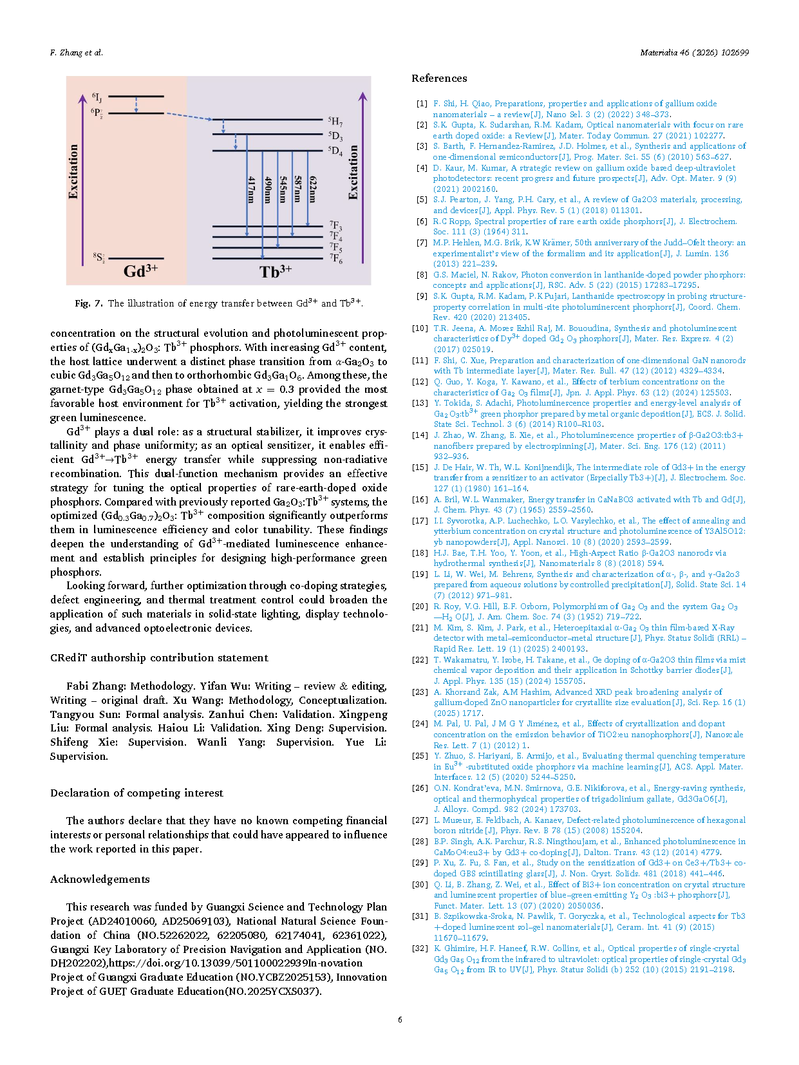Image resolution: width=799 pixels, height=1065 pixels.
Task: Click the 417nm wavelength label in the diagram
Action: pyautogui.click(x=252, y=190)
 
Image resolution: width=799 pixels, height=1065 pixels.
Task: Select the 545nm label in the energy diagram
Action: pyautogui.click(x=283, y=190)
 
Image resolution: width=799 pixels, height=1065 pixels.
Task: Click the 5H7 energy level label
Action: pyautogui.click(x=335, y=121)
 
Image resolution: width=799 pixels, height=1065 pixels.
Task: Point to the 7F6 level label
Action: pyautogui.click(x=335, y=259)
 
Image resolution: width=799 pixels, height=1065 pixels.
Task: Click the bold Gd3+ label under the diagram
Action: pyautogui.click(x=140, y=270)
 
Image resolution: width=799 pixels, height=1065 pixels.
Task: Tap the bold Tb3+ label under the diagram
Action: pyautogui.click(x=276, y=271)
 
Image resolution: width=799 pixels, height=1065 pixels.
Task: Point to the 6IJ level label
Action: pyautogui.click(x=97, y=98)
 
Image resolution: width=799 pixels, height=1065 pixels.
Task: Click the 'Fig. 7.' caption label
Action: pyautogui.click(x=88, y=303)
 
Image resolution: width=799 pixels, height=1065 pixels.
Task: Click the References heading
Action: pyautogui.click(x=439, y=79)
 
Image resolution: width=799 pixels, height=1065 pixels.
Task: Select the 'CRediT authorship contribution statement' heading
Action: pyautogui.click(x=159, y=657)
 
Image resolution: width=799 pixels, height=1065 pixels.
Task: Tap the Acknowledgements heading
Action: pyautogui.click(x=100, y=879)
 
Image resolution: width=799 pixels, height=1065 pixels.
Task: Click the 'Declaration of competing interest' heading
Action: pyautogui.click(x=136, y=793)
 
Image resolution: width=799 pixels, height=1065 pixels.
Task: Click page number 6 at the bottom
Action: pyautogui.click(x=400, y=1019)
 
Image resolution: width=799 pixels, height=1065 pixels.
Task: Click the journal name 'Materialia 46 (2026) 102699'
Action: pyautogui.click(x=694, y=53)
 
